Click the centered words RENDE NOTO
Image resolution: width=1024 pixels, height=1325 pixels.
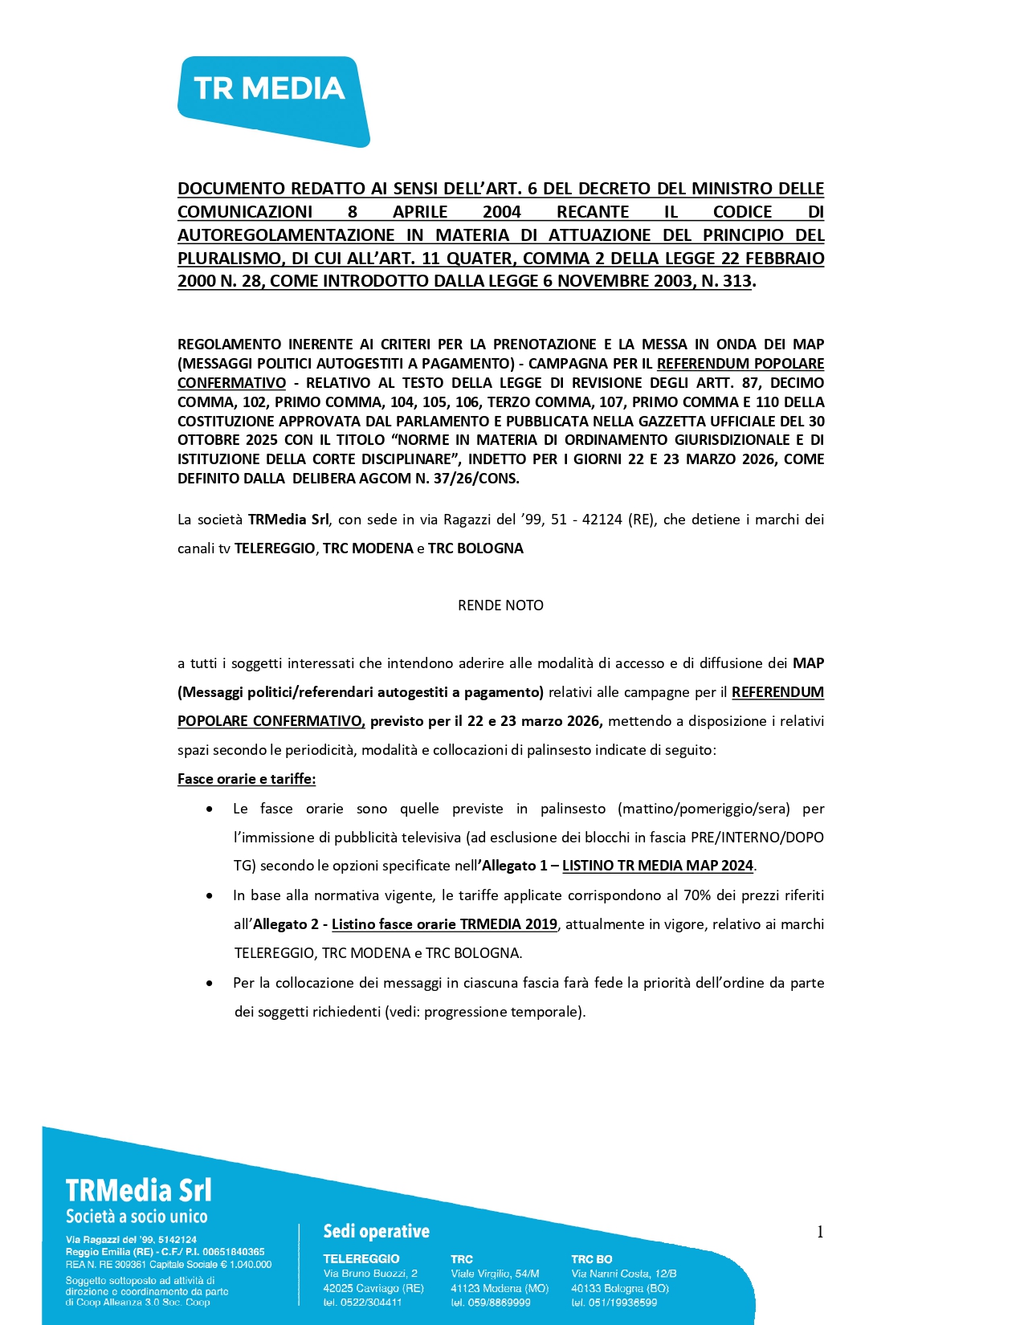coord(500,605)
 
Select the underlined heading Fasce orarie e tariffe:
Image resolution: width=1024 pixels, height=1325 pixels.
coord(247,779)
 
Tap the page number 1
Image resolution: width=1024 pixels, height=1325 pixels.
coord(820,1232)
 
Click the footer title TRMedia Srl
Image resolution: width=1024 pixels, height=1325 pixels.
coord(138,1190)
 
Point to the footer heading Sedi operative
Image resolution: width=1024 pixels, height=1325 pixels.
coord(376,1231)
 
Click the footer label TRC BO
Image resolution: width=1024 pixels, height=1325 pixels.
coord(591,1259)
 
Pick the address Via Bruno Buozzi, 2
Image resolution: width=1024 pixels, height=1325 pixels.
coord(370,1273)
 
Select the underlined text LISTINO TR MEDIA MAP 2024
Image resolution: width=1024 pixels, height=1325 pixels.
coord(658,866)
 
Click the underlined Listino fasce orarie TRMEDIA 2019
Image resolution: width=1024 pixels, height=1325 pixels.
coord(444,924)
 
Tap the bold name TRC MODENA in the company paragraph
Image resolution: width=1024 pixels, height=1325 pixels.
coord(368,548)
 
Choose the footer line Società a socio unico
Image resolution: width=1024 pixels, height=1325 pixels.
coord(137,1217)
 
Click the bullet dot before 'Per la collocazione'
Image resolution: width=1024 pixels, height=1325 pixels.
coord(210,983)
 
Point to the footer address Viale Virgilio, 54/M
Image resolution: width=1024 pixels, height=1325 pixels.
coord(495,1273)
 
